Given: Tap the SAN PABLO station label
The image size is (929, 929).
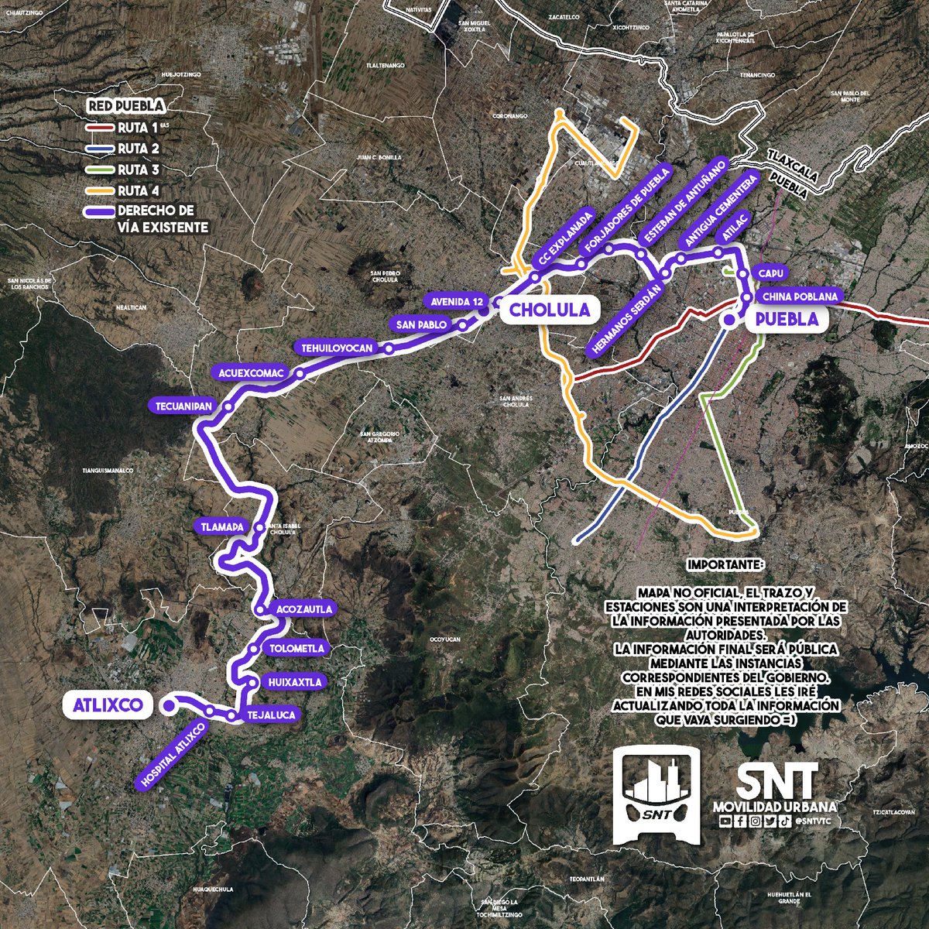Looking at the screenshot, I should (x=420, y=324).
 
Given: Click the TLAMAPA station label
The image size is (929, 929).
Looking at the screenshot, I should (x=220, y=526).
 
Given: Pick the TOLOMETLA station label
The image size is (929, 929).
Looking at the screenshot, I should (x=297, y=648).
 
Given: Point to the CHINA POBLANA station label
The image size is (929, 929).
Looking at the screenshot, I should (x=800, y=297).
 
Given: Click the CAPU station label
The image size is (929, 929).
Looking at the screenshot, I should (x=772, y=273).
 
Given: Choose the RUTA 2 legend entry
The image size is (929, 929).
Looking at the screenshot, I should (x=136, y=148).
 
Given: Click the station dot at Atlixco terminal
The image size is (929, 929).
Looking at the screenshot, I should (x=168, y=705).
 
